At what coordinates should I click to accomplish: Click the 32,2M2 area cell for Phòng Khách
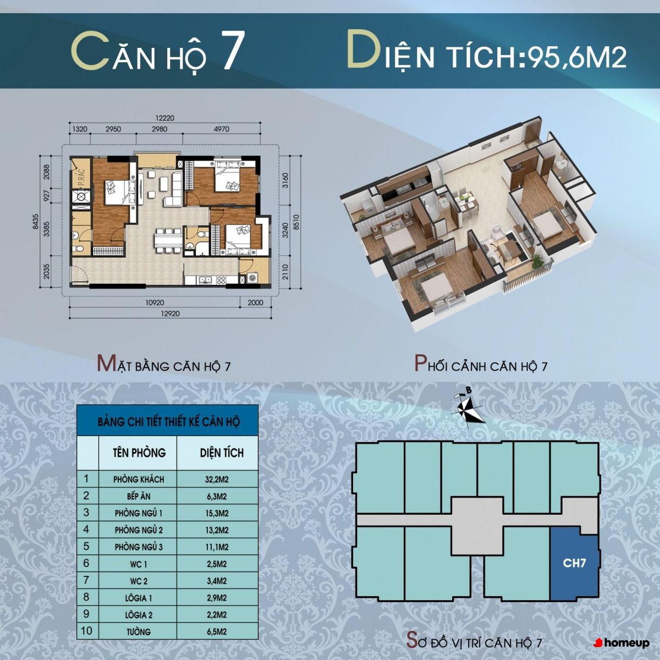tap(217, 479)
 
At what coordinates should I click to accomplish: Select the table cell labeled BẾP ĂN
tap(138, 496)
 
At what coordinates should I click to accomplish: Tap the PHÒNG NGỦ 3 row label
tap(138, 547)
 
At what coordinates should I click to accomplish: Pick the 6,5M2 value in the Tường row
tap(217, 631)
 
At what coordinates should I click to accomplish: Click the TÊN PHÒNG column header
tap(139, 453)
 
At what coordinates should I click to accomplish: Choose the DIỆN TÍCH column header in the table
tap(222, 453)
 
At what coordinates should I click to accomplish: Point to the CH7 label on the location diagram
tap(574, 563)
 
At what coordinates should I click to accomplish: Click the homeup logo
tap(621, 643)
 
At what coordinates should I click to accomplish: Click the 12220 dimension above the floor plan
tap(165, 118)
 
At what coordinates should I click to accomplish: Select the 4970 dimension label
tap(221, 129)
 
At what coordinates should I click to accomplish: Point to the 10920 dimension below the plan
tap(155, 302)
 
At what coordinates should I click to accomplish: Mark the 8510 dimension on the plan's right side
tap(296, 222)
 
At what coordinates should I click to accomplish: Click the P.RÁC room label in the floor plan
tap(82, 178)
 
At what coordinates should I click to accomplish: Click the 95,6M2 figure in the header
tap(577, 57)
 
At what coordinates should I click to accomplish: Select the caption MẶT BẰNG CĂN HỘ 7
tap(164, 364)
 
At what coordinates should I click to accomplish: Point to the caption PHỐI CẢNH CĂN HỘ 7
tap(481, 364)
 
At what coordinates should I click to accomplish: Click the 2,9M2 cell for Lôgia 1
tap(217, 598)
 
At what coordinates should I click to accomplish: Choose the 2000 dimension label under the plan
tap(256, 302)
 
